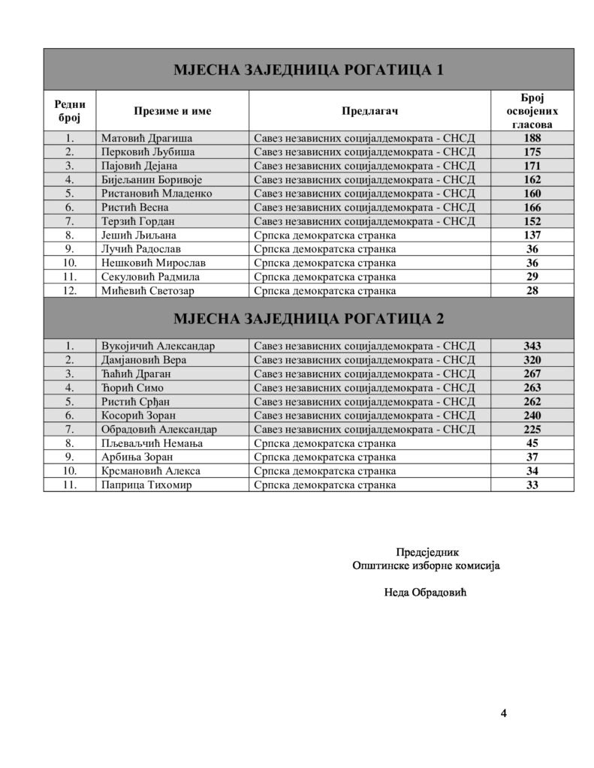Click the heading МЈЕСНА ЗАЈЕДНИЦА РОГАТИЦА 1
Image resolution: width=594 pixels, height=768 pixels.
[308, 70]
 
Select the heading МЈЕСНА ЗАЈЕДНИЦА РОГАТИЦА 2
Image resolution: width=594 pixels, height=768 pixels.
[308, 319]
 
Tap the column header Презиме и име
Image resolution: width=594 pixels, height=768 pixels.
[173, 111]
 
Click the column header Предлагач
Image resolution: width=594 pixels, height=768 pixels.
[369, 111]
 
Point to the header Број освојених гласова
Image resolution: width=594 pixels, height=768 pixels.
[532, 111]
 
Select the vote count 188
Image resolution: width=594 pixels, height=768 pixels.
[532, 138]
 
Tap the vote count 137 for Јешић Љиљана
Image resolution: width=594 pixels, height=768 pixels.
[532, 235]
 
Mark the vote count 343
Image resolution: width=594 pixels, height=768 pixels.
[532, 346]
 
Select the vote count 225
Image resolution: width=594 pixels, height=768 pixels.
[532, 430]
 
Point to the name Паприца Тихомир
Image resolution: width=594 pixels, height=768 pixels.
[147, 485]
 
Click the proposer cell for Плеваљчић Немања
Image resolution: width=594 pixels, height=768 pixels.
[325, 444]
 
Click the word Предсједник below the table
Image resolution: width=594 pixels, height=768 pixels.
[426, 553]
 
